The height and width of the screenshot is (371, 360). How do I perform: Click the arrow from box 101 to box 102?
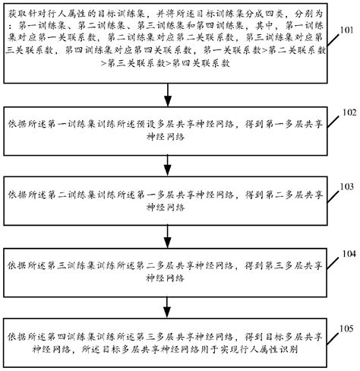click(168, 94)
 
